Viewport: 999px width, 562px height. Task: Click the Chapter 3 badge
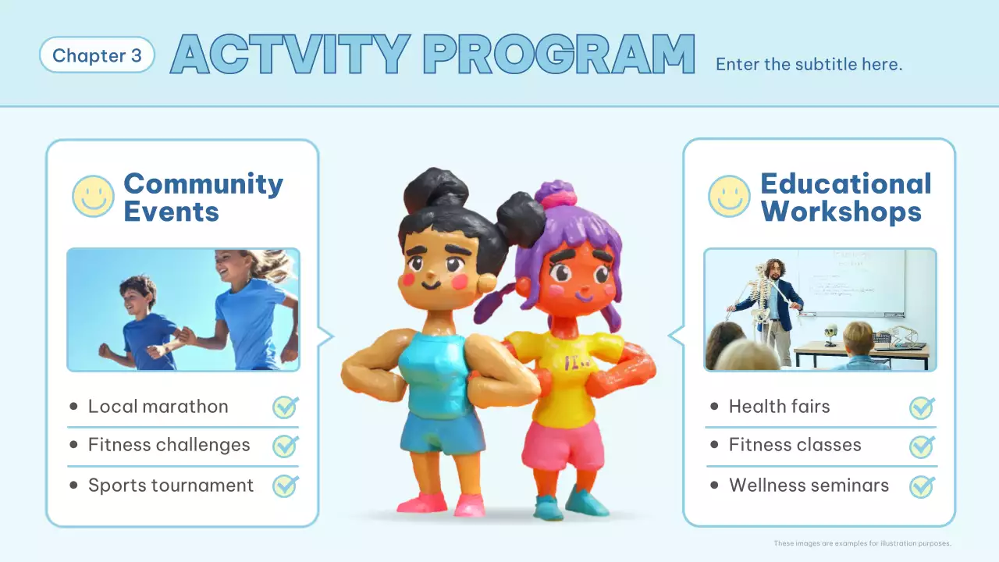(97, 55)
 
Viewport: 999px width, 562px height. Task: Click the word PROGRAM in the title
(559, 55)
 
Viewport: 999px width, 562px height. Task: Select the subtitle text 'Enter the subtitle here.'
(809, 64)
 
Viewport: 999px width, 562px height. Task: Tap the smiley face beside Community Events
(93, 196)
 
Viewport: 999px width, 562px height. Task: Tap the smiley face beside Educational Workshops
(729, 196)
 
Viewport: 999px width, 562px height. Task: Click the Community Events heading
(203, 197)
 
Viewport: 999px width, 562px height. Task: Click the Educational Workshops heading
(845, 197)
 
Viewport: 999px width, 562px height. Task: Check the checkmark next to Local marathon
(285, 407)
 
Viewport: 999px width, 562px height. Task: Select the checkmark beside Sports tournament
(285, 486)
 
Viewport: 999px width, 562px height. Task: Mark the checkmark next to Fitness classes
(922, 446)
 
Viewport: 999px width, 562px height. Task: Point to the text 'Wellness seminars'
(809, 486)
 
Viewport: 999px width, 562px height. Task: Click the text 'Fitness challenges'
(169, 446)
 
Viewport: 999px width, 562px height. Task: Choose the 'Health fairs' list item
(779, 407)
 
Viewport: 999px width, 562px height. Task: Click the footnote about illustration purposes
(862, 543)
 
